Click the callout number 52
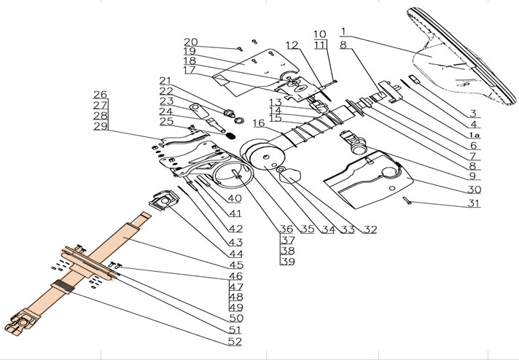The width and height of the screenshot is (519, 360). (234, 340)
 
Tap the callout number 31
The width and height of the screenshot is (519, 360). (474, 204)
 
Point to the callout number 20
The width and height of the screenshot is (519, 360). (190, 42)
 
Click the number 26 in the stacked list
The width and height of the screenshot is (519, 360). (101, 95)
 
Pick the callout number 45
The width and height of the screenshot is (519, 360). (234, 265)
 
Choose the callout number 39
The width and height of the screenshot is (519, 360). (287, 262)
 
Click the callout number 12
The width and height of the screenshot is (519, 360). (292, 45)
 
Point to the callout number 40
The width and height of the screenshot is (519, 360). (234, 198)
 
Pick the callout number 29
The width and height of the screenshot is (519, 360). (101, 128)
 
